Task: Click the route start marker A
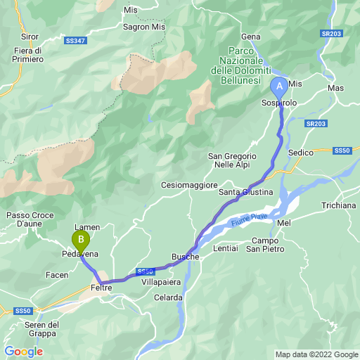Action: click(x=279, y=87)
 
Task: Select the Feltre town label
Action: click(x=101, y=288)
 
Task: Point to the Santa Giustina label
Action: click(x=245, y=191)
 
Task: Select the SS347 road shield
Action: click(x=77, y=41)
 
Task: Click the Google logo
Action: click(x=23, y=351)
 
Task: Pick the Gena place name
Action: click(x=251, y=37)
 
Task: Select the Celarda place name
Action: click(x=168, y=297)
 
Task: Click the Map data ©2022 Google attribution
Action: click(x=316, y=354)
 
